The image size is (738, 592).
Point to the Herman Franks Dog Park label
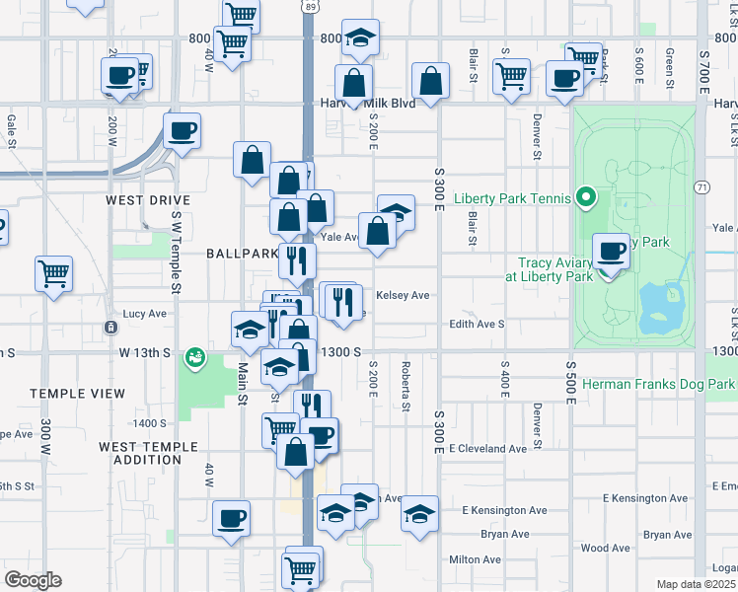pos(658,383)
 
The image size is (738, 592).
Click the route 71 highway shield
pos(702,186)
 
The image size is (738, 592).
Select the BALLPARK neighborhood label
pos(242,254)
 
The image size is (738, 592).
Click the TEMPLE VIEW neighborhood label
pos(77,394)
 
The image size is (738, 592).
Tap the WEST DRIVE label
pos(148,200)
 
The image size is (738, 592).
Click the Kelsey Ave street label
pos(403,295)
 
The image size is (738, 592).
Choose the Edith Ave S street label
pos(477,324)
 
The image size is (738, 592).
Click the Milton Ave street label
pos(477,559)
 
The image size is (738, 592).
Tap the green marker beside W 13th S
pos(195,355)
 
